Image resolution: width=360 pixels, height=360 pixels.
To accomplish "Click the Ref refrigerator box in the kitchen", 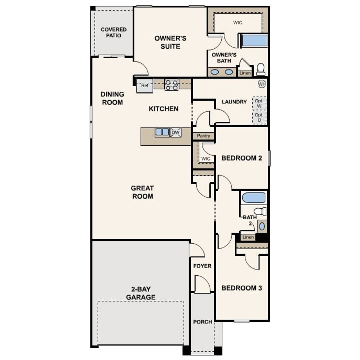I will click(145, 86).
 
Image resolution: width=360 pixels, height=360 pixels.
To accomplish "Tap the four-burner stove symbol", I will click(172, 85).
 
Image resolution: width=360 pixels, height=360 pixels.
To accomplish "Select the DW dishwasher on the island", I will click(176, 132).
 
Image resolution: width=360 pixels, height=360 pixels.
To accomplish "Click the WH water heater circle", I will click(262, 84).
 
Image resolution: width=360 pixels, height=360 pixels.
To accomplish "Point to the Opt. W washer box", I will click(259, 103).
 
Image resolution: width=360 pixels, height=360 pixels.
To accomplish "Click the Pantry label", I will click(203, 136).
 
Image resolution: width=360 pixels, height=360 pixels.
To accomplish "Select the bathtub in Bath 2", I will click(254, 198).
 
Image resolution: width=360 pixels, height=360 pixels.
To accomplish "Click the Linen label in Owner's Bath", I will click(245, 73).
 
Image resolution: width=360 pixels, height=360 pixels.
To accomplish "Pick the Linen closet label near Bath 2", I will click(248, 237).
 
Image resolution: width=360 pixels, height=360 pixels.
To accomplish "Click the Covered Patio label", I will click(114, 32).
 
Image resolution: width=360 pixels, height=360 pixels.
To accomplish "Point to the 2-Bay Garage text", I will click(141, 293).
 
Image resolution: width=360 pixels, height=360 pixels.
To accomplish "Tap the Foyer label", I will click(202, 266).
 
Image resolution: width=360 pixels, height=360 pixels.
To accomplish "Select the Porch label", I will click(202, 322).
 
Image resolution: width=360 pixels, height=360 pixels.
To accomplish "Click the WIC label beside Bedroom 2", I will click(206, 159).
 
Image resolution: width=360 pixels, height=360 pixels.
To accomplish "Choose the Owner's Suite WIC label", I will click(237, 22).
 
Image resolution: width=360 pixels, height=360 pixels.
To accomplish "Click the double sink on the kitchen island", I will click(162, 132).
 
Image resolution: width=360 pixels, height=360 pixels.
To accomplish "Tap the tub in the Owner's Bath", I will click(255, 41).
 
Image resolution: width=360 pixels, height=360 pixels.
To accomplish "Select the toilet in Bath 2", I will click(260, 211).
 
